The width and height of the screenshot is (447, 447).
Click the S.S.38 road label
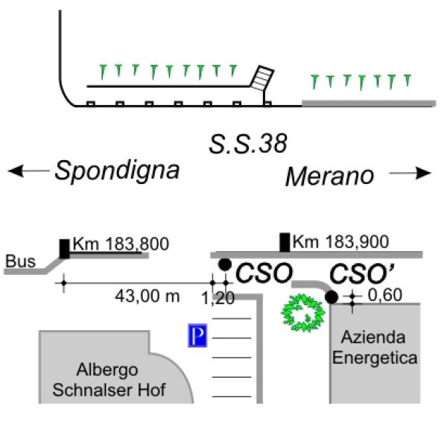click(248, 144)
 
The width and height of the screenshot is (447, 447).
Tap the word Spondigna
click(117, 171)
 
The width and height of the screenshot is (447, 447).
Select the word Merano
click(329, 177)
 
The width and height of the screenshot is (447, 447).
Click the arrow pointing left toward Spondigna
click(28, 171)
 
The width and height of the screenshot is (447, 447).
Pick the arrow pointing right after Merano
click(410, 173)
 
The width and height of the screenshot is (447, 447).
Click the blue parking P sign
click(197, 335)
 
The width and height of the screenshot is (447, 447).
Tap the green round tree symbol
click(303, 313)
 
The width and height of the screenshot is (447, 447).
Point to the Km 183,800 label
click(121, 244)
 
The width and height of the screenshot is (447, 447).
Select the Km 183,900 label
click(340, 241)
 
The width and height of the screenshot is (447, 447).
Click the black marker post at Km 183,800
click(64, 249)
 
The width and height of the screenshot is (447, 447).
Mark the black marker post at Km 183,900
click(285, 242)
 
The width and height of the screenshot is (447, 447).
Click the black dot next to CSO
click(225, 264)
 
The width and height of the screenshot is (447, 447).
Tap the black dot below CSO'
click(332, 297)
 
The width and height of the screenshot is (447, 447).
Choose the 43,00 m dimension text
click(148, 297)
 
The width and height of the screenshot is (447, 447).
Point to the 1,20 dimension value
click(218, 299)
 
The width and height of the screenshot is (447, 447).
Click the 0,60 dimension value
click(385, 295)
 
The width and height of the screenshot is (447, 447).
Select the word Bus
click(21, 261)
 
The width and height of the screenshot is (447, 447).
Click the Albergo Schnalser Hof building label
click(110, 380)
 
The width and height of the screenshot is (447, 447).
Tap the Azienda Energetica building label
click(375, 347)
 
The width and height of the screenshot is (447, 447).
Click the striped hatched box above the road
click(262, 78)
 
